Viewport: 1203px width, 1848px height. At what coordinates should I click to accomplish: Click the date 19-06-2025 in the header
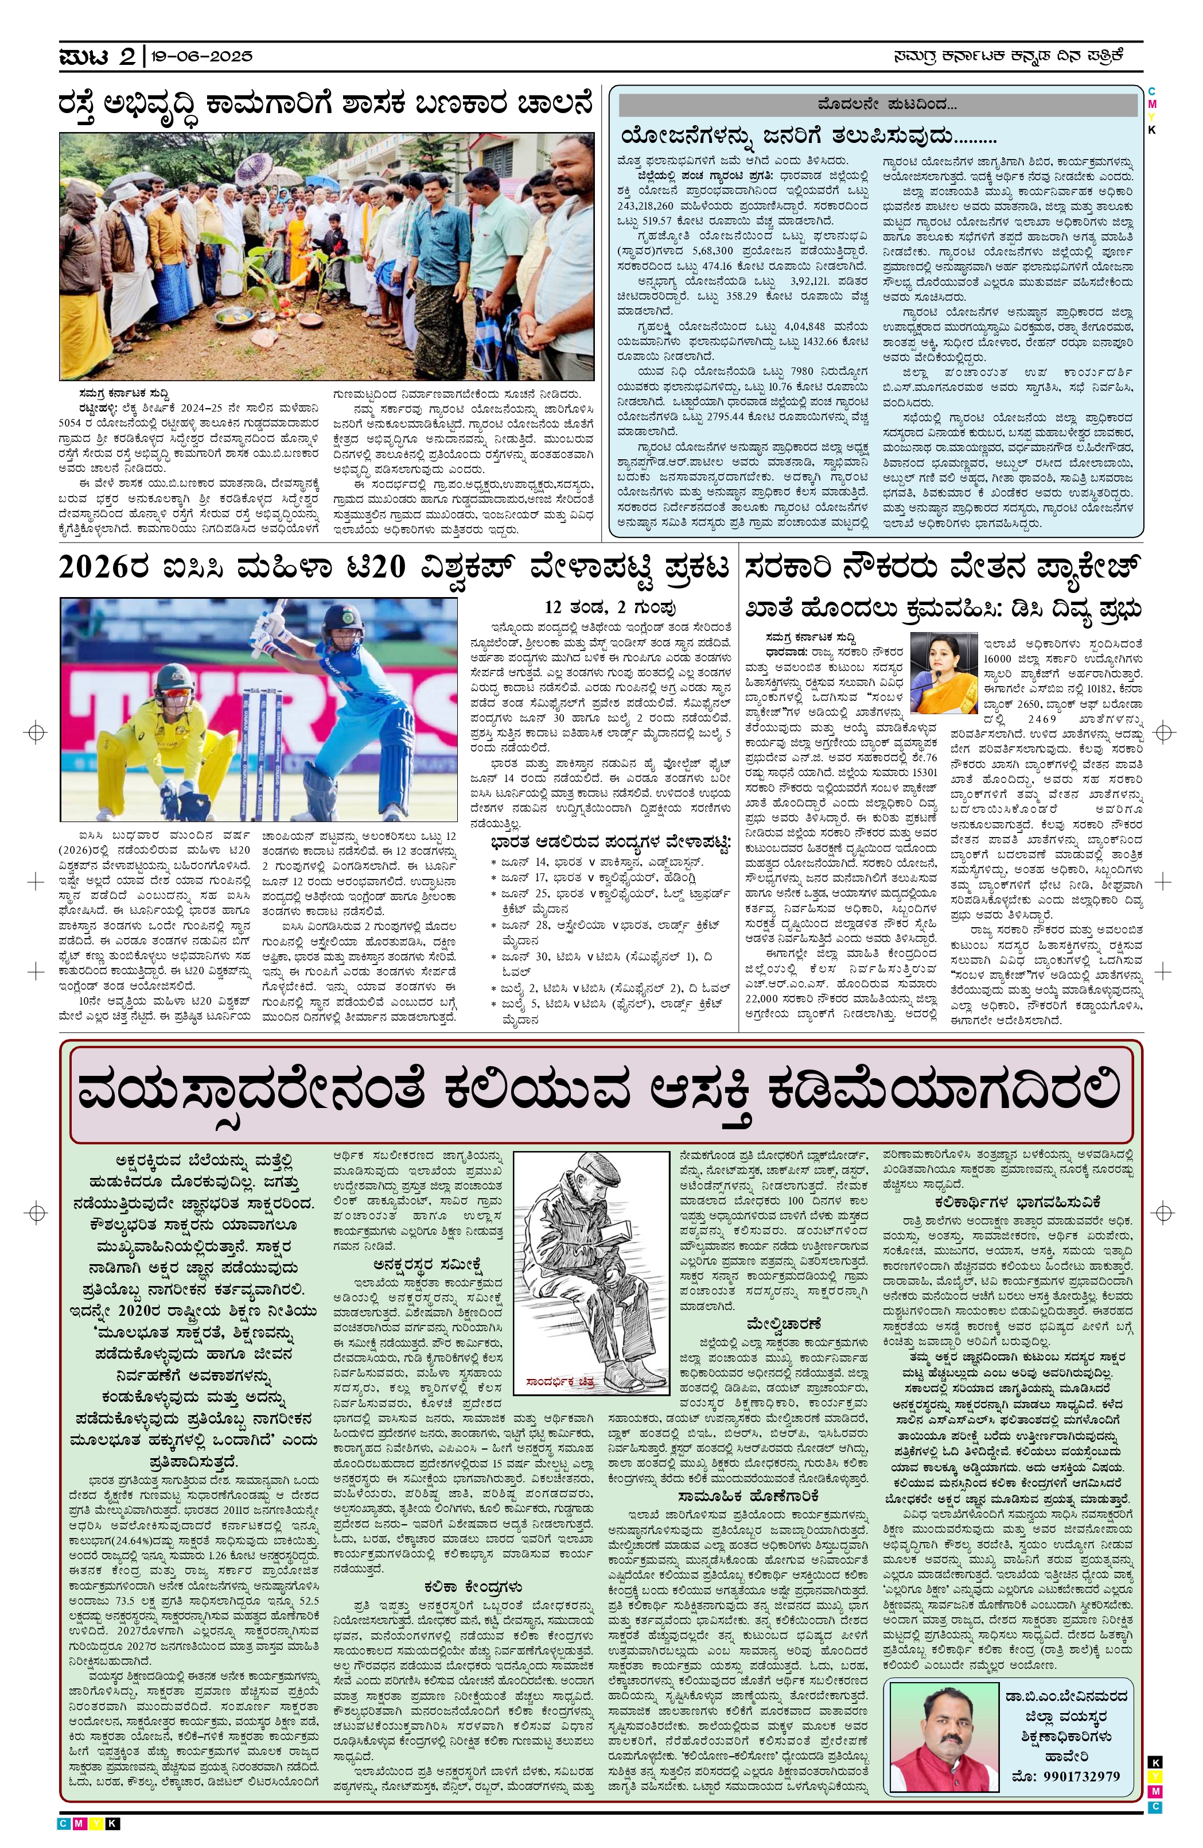click(x=202, y=57)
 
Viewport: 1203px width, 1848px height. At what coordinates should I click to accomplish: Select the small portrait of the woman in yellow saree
click(x=943, y=672)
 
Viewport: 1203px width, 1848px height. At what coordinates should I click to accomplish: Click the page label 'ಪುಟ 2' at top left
click(x=97, y=57)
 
